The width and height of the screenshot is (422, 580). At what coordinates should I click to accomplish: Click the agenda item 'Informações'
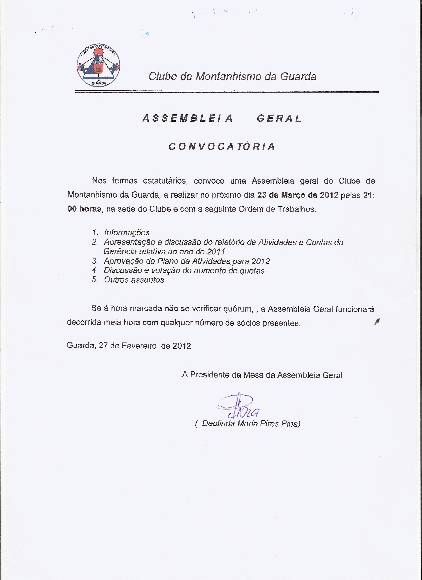127,232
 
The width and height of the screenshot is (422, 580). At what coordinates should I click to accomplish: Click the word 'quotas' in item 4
252,271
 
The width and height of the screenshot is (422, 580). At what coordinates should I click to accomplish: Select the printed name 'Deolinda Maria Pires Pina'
251,423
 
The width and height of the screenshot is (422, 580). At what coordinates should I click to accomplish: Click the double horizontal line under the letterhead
227,92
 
